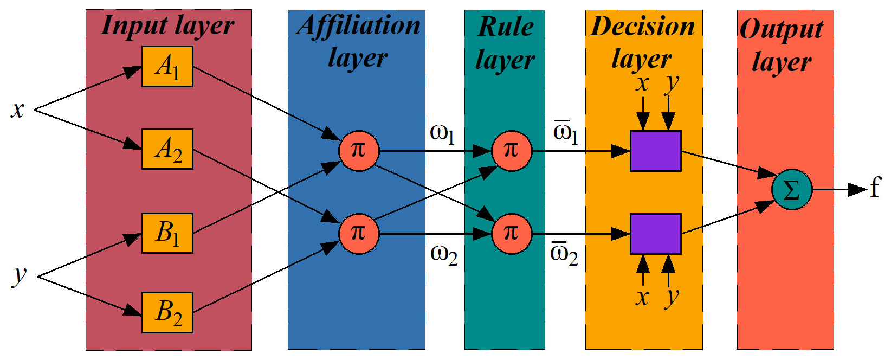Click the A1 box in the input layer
coord(167,67)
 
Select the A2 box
coord(167,149)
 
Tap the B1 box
coord(167,233)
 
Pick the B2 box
coord(167,312)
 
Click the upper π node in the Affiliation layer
coord(358,151)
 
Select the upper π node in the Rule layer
coord(511,151)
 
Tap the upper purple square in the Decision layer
coord(655,151)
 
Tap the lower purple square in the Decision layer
coord(655,234)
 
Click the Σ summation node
coord(792,190)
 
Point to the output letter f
coord(875,188)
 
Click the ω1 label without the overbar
coord(442,133)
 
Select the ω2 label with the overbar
coord(564,253)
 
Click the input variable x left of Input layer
coord(18,110)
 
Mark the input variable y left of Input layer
coord(19,275)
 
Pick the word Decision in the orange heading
coord(643,26)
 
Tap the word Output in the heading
coord(782,29)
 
